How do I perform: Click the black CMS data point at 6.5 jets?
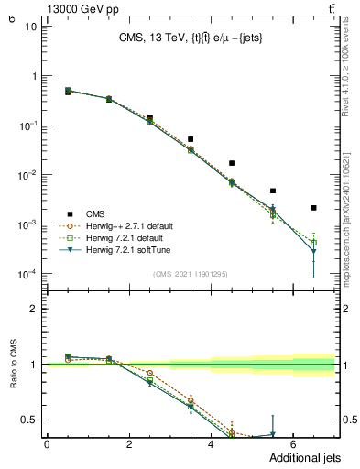click(313, 208)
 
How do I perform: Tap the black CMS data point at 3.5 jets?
click(191, 139)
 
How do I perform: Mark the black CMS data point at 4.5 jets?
click(232, 163)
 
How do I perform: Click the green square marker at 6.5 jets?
click(313, 242)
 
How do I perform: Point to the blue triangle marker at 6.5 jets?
click(313, 251)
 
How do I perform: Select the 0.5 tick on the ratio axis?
click(30, 420)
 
